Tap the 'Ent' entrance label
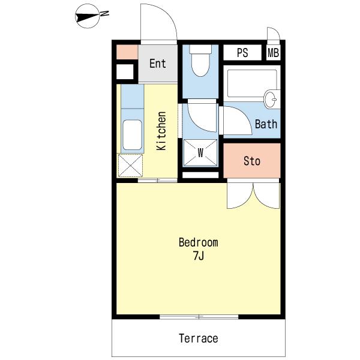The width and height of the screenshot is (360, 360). pyautogui.click(x=157, y=64)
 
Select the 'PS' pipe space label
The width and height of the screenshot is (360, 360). pyautogui.click(x=242, y=53)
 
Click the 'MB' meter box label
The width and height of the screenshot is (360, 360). pyautogui.click(x=273, y=53)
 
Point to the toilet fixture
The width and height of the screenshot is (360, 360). pyautogui.click(x=200, y=61)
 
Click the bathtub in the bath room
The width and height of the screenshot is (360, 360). pyautogui.click(x=252, y=83)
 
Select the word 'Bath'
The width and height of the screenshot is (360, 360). pyautogui.click(x=266, y=124)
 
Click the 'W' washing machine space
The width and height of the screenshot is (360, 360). pyautogui.click(x=200, y=152)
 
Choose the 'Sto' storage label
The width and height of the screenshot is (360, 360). pyautogui.click(x=252, y=161)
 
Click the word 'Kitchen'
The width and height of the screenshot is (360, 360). pyautogui.click(x=161, y=131)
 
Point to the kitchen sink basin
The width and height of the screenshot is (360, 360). pyautogui.click(x=132, y=135)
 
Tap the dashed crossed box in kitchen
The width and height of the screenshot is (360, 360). pyautogui.click(x=130, y=166)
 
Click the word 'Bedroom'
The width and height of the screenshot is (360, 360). pyautogui.click(x=199, y=242)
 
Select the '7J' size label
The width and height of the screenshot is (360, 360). pyautogui.click(x=199, y=256)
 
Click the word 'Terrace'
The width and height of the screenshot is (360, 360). pyautogui.click(x=199, y=338)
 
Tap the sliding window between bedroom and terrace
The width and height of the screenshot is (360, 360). pyautogui.click(x=199, y=317)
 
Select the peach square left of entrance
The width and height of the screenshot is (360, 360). pyautogui.click(x=127, y=52)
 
